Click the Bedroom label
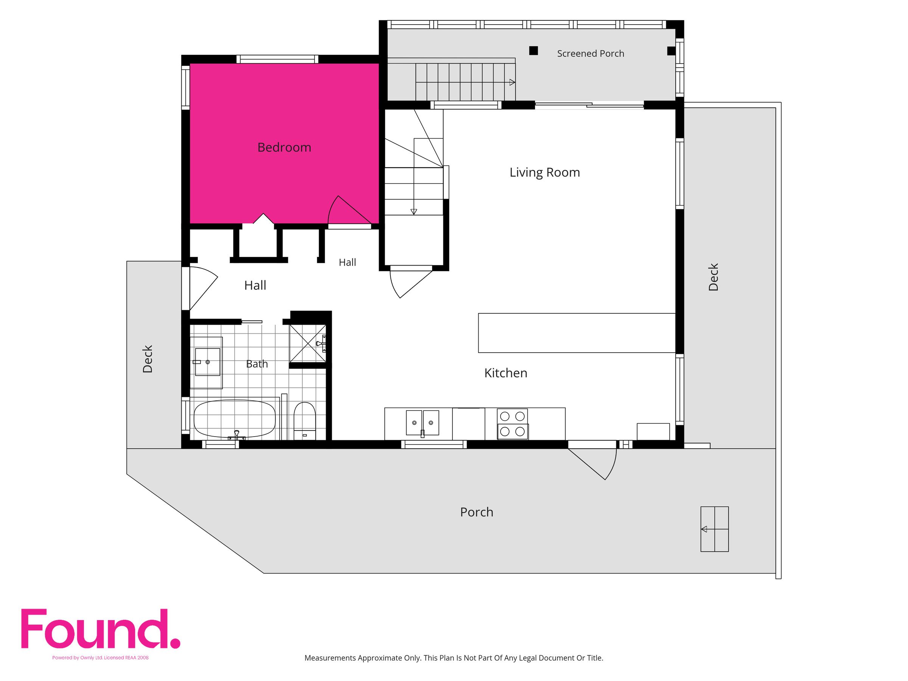(284, 148)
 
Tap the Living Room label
(545, 173)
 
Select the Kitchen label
(506, 373)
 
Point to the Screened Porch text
(590, 53)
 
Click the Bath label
(257, 364)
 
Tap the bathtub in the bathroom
(235, 419)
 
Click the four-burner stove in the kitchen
(513, 424)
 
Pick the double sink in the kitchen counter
(422, 422)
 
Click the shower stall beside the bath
(308, 344)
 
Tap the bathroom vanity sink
(207, 362)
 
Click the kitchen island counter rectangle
(577, 333)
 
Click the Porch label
(477, 512)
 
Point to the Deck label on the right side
(714, 277)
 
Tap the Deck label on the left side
(148, 359)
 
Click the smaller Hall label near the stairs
(347, 262)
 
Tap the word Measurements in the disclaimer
(330, 658)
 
